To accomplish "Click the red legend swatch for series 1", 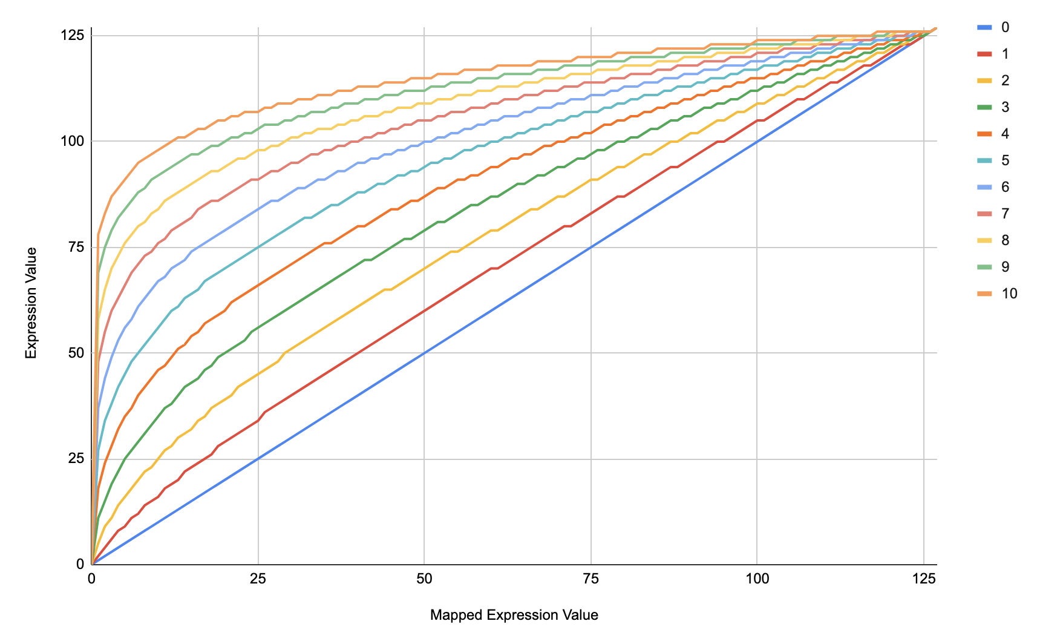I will coord(985,54).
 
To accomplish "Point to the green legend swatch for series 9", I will coord(985,267).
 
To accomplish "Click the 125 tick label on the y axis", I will coord(72,35).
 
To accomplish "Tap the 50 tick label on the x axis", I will coord(424,579).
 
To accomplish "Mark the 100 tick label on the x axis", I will coord(757,579).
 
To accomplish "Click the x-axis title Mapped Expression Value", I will coord(514,616).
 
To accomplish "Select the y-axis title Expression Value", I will coord(31,303).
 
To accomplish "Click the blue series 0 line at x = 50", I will coord(424,353).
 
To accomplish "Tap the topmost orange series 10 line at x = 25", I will coord(258,112).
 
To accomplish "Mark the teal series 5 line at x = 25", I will coord(258,247).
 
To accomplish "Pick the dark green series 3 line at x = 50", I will coord(424,230).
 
